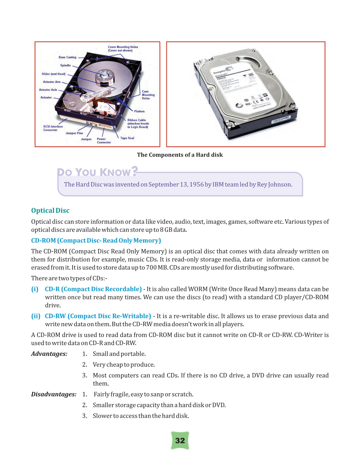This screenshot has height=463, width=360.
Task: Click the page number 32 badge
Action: pyautogui.click(x=180, y=441)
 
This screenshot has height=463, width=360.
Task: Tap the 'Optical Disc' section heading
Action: pyautogui.click(x=50, y=210)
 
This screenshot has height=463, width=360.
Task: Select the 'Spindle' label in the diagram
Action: pyautogui.click(x=65, y=65)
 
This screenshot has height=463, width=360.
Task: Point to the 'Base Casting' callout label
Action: pyautogui.click(x=67, y=57)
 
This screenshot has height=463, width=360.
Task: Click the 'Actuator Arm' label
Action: pyautogui.click(x=52, y=82)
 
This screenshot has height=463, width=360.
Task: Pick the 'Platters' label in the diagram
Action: pyautogui.click(x=139, y=111)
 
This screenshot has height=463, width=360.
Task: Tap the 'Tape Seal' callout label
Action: pyautogui.click(x=127, y=138)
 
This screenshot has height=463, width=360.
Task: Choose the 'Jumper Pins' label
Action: pyautogui.click(x=74, y=133)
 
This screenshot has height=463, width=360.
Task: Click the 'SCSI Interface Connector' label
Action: pyautogui.click(x=53, y=128)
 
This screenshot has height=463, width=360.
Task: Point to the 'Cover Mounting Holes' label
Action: pyautogui.click(x=123, y=49)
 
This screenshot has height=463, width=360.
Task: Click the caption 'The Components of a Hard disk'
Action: pyautogui.click(x=180, y=155)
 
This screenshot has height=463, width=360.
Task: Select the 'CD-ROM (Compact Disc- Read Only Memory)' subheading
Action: pyautogui.click(x=96, y=241)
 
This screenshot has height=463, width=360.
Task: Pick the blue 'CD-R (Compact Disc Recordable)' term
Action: pyautogui.click(x=93, y=289)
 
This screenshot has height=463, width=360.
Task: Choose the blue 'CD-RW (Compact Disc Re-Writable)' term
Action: pyautogui.click(x=98, y=316)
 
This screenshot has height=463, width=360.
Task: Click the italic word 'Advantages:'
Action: pyautogui.click(x=49, y=354)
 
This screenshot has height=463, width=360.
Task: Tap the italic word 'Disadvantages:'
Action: pyautogui.click(x=54, y=394)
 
